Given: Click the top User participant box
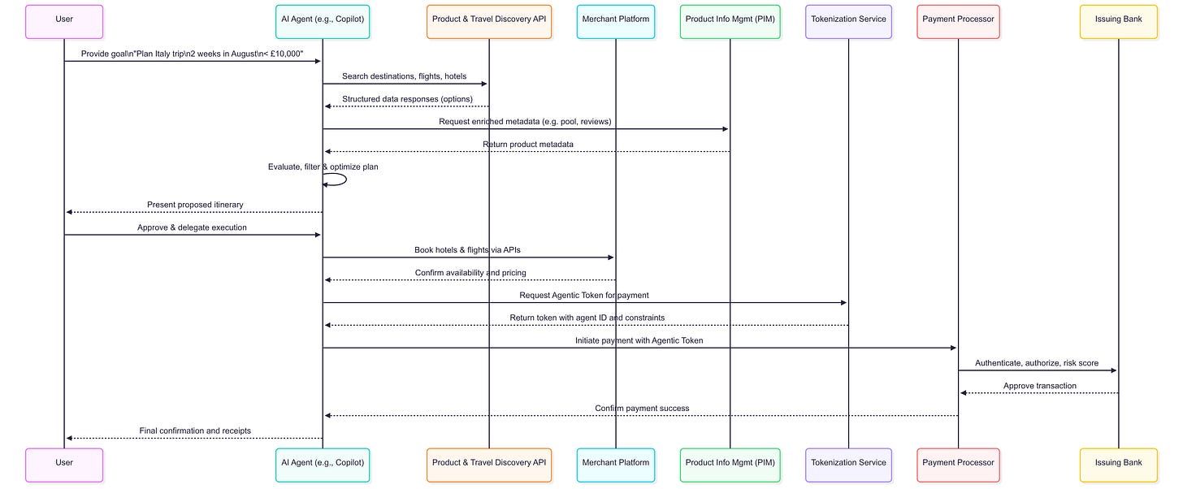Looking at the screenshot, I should (64, 21).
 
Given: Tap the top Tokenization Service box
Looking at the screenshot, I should (848, 21).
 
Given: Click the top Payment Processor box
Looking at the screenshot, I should (958, 21).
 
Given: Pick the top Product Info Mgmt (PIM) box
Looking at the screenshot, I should (730, 21).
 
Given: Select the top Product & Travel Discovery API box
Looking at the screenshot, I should (489, 21).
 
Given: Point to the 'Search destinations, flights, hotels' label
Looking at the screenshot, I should (405, 76).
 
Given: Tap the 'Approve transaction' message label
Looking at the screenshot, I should (1039, 386).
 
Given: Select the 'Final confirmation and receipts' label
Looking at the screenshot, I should (195, 431).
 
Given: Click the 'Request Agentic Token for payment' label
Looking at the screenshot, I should (584, 296).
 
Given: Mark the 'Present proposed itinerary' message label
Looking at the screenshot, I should (195, 205).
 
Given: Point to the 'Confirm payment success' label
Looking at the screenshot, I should (642, 409).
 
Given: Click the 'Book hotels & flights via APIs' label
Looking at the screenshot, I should (467, 250).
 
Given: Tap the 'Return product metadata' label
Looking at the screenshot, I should (527, 145).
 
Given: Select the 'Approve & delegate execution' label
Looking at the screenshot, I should (192, 227).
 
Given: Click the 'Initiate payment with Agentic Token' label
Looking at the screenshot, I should (639, 340).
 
